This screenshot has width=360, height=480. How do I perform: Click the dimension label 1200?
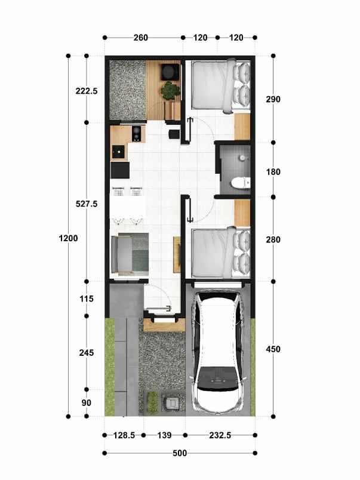[x=68, y=239]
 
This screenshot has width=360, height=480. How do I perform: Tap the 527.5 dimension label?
[x=87, y=204]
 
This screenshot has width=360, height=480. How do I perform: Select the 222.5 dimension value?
[x=87, y=91]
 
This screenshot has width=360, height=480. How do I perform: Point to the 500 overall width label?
[x=179, y=453]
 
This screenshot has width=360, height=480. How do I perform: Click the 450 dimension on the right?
[x=273, y=349]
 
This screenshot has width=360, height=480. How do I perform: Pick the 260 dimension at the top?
[x=140, y=38]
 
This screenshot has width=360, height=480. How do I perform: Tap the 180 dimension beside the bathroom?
[x=273, y=172]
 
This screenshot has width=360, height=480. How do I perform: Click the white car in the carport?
[x=218, y=352]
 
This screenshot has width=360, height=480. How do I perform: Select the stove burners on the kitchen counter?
[x=137, y=132]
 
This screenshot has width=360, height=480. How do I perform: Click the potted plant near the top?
[x=171, y=91]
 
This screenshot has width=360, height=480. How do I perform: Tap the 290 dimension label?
[x=273, y=99]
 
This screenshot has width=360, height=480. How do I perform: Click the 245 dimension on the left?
[x=87, y=353]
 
